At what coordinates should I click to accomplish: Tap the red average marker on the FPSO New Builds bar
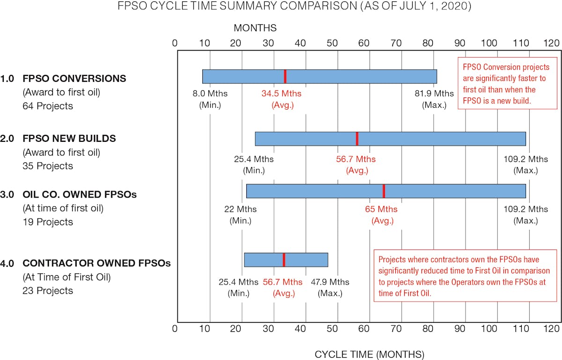point(357,139)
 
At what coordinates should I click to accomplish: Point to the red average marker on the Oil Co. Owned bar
point(384,191)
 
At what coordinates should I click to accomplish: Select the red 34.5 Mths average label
point(282,98)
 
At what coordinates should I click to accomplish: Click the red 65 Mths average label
point(382,214)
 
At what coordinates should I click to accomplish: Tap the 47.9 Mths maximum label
point(330,287)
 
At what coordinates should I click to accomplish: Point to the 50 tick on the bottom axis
point(335,329)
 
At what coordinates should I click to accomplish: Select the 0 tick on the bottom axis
point(175,329)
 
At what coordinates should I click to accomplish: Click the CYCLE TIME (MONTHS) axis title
point(370,354)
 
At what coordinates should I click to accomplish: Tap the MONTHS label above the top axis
point(255,28)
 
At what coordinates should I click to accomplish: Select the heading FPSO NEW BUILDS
point(69,139)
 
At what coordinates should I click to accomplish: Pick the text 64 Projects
point(48,106)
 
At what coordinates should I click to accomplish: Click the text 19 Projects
point(48,221)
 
